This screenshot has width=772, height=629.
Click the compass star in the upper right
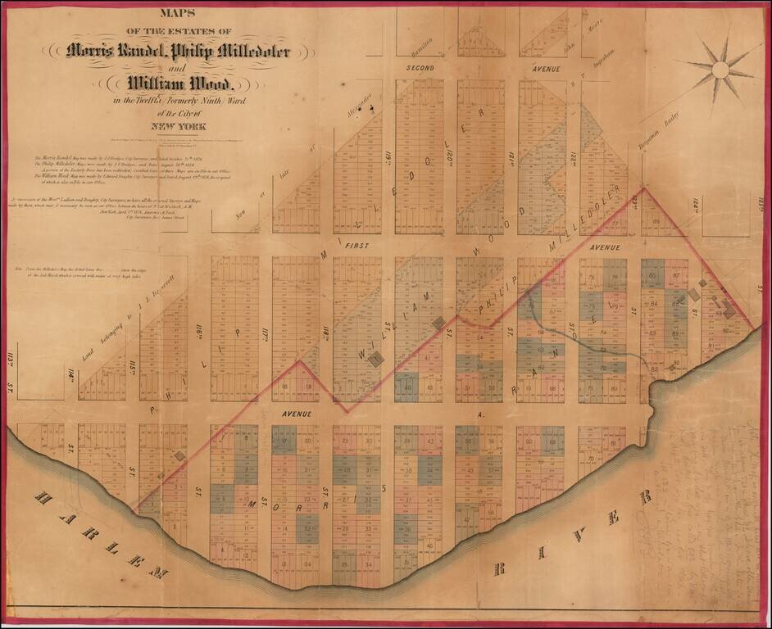click(720, 70)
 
